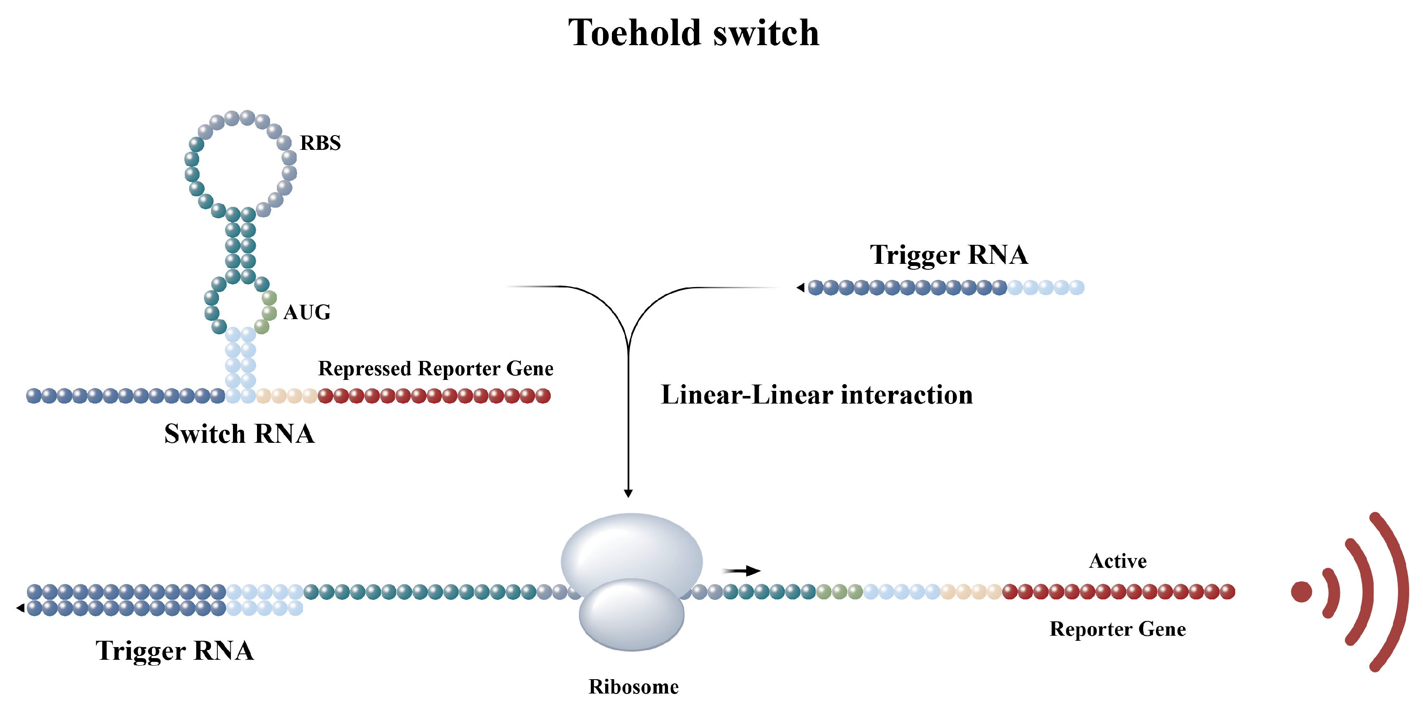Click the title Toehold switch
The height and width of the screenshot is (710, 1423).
[693, 33]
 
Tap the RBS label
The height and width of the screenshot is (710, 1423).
[320, 143]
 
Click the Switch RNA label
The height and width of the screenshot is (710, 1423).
[239, 434]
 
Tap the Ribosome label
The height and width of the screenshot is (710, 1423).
[633, 687]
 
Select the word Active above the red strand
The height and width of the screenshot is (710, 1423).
[1117, 561]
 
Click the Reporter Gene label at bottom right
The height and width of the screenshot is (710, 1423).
[1117, 629]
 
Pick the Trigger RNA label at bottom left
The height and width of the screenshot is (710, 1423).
[175, 651]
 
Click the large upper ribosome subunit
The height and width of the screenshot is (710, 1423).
[631, 547]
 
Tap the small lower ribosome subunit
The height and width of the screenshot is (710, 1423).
[631, 616]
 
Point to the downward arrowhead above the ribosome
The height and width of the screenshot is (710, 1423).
[628, 493]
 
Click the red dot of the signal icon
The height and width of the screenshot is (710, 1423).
[1301, 592]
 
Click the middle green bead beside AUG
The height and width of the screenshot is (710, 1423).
[269, 313]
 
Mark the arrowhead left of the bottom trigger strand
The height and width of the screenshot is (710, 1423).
[20, 608]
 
